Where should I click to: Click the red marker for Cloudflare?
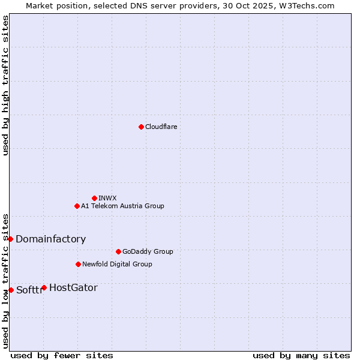pos(141,127)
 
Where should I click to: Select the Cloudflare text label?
pos(161,127)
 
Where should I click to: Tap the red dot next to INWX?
pos(94,198)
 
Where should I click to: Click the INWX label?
pos(107,198)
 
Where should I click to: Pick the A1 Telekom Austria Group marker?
pos(77,206)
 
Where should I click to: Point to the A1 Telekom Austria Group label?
pos(122,206)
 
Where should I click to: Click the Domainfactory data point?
pos(10,239)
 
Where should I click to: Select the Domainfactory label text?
pos(50,239)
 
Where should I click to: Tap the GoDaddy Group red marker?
pos(118,251)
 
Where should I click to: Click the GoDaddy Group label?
pos(148,251)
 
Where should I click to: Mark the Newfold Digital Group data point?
pos(78,264)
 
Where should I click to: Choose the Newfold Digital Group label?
pos(117,264)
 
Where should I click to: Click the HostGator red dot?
pos(44,287)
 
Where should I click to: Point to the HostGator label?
pos(73,287)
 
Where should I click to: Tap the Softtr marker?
pos(11,290)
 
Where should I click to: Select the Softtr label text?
pos(29,290)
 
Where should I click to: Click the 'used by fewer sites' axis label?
pos(62,355)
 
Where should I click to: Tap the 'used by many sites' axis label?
pos(301,355)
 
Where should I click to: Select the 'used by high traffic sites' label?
pos(5,85)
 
